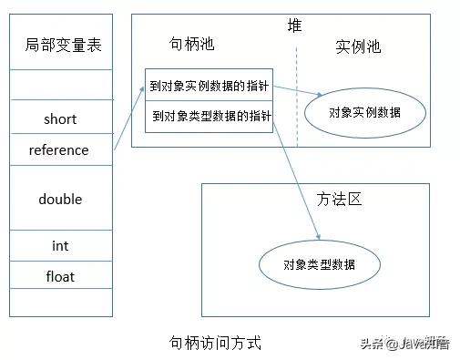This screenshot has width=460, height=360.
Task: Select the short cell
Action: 60,119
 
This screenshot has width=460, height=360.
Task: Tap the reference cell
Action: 60,149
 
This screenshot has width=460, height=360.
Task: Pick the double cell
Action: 60,199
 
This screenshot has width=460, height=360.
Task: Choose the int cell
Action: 60,246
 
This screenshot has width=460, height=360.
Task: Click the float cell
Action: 60,275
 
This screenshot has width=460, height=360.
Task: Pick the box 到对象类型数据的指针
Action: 209,116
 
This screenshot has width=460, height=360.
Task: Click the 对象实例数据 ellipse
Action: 364,111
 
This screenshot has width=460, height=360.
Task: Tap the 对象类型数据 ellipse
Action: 319,265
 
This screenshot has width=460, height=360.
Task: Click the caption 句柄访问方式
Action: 216,343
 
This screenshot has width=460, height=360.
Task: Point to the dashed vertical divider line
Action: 297,100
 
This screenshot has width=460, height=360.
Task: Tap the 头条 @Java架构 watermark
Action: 416,343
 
